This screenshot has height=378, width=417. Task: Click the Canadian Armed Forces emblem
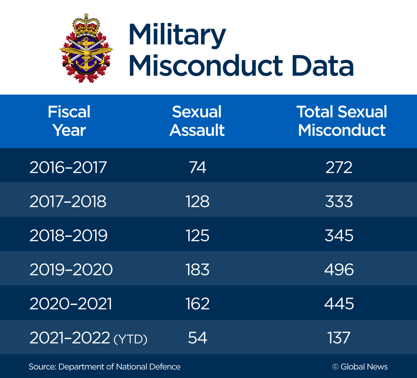(86, 48)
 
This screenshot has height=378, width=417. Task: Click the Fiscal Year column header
(69, 121)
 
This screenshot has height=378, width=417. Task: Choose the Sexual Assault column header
(197, 121)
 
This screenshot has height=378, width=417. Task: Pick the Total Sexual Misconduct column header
(342, 121)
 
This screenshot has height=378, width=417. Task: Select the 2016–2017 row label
(68, 168)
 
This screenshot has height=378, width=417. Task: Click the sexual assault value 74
(198, 168)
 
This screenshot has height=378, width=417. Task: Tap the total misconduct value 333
(339, 202)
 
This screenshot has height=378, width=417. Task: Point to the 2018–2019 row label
(68, 236)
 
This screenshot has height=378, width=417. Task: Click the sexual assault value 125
(198, 236)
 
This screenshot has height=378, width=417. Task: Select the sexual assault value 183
(198, 270)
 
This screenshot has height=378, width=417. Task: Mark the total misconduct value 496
(339, 270)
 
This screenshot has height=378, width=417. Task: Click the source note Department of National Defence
(104, 367)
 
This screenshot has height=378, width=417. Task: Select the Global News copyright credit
(360, 367)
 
